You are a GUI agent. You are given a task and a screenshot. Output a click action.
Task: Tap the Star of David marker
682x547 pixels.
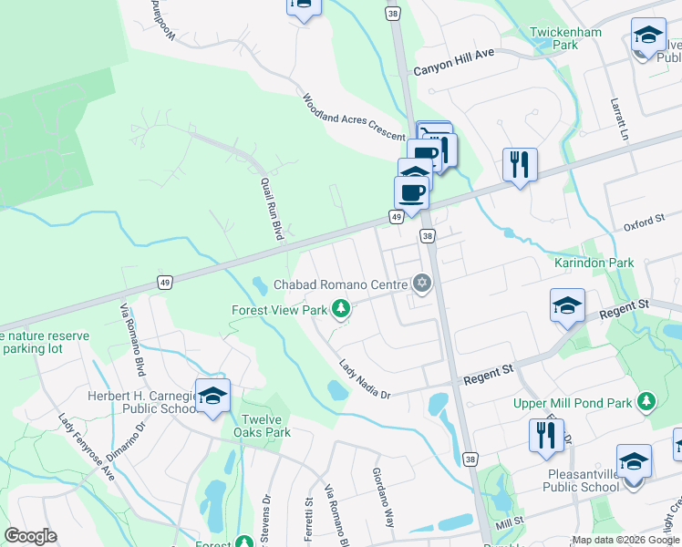coord(421,285)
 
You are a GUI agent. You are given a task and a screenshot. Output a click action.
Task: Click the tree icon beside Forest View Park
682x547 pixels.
coord(341,310)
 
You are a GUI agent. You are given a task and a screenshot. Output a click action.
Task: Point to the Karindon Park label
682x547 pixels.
coord(594,263)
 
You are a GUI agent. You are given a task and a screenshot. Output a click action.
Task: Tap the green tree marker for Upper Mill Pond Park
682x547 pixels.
coord(646,401)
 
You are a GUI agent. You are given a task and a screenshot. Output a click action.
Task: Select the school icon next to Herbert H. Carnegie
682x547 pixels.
coord(212,395)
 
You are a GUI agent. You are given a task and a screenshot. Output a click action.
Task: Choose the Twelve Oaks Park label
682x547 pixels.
coord(261,426)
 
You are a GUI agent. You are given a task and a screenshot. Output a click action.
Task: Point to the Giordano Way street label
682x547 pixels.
coord(382,498)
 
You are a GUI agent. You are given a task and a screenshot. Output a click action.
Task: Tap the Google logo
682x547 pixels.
coord(31,536)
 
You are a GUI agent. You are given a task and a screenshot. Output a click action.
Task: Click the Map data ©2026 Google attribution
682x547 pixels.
coord(625,540)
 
